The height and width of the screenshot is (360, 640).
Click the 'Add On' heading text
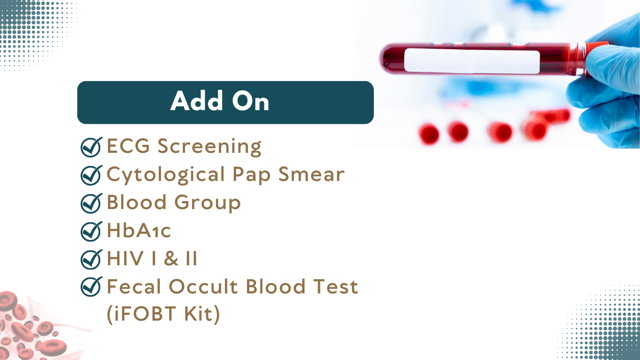219,101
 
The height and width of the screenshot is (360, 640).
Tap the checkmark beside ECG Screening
91,147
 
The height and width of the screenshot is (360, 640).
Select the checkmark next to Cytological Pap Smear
91,175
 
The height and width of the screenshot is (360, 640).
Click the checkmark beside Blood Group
91,203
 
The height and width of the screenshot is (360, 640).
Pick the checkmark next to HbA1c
91,231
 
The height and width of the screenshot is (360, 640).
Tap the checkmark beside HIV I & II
91,259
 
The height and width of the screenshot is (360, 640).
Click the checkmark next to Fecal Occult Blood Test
91,286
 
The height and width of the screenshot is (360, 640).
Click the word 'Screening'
209,147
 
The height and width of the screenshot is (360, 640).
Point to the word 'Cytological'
166,175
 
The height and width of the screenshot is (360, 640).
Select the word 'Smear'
312,174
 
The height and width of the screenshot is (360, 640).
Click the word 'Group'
208,202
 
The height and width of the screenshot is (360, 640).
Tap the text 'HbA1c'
139,231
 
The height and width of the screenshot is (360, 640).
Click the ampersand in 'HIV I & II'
171,258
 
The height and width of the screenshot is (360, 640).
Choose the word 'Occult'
203,286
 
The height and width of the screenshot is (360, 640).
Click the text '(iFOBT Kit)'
164,314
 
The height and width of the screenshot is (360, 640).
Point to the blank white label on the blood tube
472,61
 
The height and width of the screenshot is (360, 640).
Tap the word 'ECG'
128,146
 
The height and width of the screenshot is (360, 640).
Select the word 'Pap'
252,175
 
